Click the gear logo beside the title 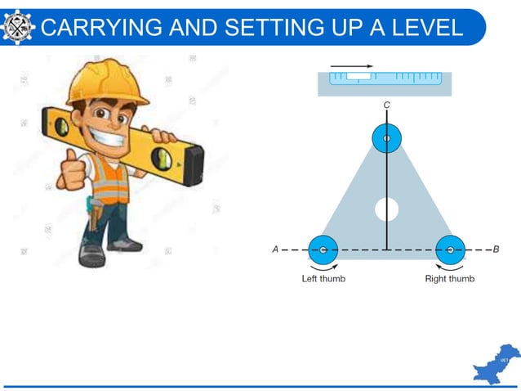click(18, 25)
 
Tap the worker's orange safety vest click(112, 179)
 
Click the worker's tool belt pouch click(97, 214)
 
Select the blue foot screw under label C click(386, 138)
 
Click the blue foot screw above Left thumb click(323, 249)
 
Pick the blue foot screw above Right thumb click(450, 249)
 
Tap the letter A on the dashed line click(275, 249)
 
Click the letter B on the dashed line click(496, 249)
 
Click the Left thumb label click(323, 279)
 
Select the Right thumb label click(450, 279)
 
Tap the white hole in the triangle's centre click(386, 209)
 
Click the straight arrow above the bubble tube click(352, 66)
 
